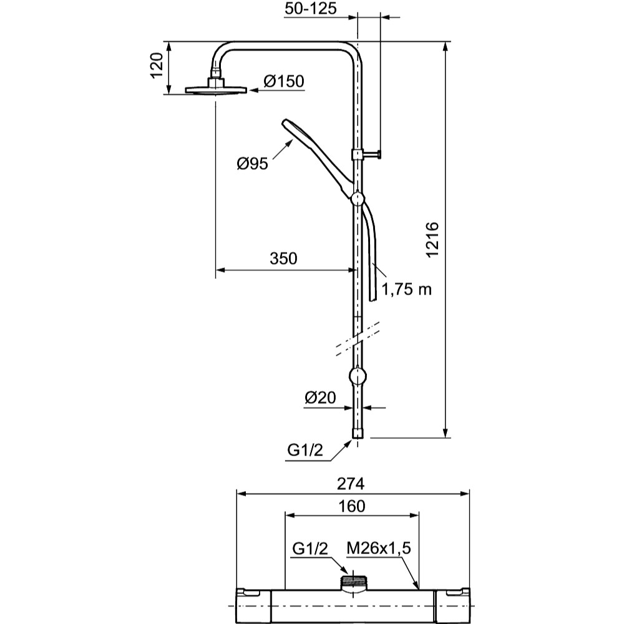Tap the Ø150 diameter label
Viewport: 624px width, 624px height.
(283, 81)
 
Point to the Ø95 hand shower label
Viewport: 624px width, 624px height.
(252, 163)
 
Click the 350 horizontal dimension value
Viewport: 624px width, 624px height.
(283, 258)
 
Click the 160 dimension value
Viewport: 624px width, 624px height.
(352, 506)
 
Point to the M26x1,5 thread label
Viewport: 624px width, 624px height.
(379, 548)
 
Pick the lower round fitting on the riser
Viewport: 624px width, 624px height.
(357, 376)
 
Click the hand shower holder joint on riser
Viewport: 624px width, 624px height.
(357, 198)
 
